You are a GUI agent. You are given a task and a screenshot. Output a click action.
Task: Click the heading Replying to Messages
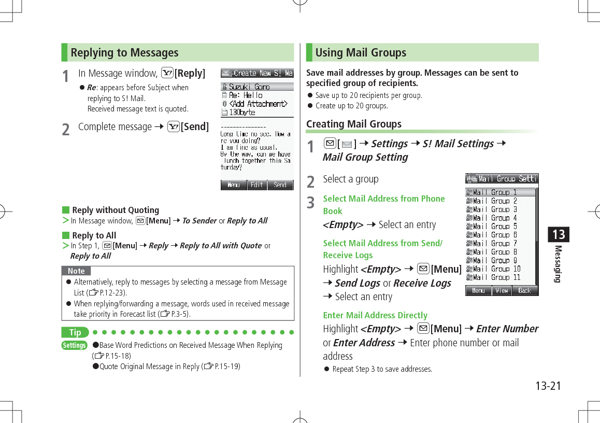tap(124, 53)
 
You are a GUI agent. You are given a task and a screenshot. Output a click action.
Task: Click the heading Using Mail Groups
tap(361, 53)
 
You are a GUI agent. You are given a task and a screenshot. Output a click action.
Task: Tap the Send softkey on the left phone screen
tap(280, 185)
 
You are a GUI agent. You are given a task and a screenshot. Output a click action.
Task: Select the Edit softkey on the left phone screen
tap(257, 185)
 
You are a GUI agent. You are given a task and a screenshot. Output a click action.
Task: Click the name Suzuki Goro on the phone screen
tap(249, 87)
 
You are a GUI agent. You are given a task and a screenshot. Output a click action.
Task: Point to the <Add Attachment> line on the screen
tap(258, 104)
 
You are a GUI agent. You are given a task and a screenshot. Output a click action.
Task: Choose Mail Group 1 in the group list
tap(495, 192)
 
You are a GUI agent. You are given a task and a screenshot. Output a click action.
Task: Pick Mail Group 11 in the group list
tap(496, 277)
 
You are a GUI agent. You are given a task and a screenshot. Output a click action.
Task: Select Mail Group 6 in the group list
tap(495, 235)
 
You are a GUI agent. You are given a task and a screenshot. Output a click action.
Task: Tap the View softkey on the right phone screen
tap(501, 290)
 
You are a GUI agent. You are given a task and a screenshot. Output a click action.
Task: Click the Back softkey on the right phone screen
tap(524, 290)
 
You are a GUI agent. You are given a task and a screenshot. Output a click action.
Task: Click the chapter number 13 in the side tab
tap(558, 235)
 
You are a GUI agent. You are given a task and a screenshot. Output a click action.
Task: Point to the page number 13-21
tap(548, 386)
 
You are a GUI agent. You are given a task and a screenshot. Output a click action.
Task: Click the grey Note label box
tap(76, 271)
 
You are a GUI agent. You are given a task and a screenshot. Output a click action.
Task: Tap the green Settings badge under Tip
tap(74, 345)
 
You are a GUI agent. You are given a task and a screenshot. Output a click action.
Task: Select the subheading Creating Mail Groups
tap(354, 124)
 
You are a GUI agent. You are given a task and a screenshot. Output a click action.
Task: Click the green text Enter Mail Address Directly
tap(375, 315)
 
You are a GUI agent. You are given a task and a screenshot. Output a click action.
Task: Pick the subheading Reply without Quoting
tap(116, 210)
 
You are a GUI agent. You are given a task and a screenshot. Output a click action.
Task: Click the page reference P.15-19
tap(224, 366)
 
